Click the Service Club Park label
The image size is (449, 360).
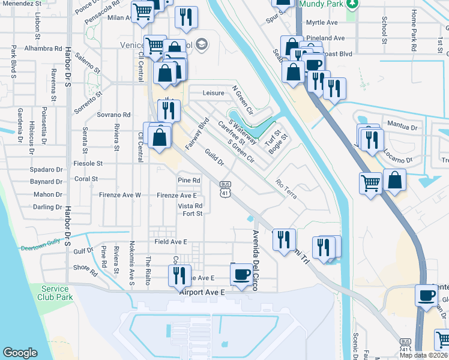click(55, 293)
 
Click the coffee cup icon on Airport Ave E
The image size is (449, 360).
click(242, 275)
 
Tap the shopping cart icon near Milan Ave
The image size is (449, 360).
click(143, 11)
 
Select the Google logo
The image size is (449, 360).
click(20, 353)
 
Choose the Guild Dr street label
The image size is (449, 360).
click(214, 158)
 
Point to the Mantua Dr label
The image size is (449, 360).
click(402, 127)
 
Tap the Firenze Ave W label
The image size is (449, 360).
click(121, 195)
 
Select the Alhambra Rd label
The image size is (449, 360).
click(44, 48)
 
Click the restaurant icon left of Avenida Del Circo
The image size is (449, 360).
click(179, 275)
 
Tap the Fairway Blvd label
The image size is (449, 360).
click(196, 134)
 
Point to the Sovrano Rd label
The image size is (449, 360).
click(114, 115)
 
